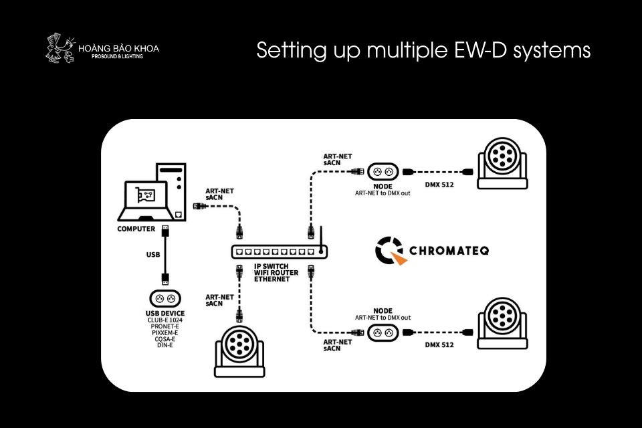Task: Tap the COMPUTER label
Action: [x=136, y=229]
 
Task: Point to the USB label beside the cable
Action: [x=153, y=255]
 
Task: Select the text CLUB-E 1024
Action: [x=165, y=320]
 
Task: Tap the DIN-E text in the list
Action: [x=165, y=345]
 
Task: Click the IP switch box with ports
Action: [x=278, y=252]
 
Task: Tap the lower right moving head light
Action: [x=502, y=320]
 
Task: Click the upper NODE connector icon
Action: [x=383, y=171]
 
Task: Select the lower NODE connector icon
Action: [x=383, y=332]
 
